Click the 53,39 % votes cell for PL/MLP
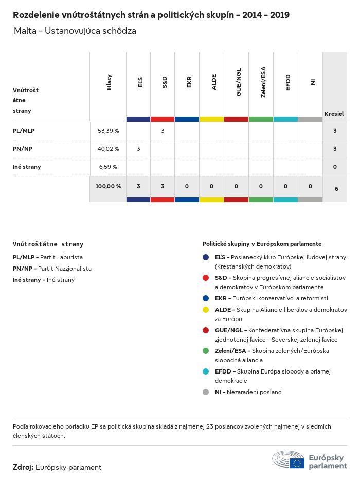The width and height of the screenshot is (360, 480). pos(108,131)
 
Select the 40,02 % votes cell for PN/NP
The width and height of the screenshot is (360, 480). pos(108,149)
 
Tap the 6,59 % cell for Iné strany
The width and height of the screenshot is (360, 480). pos(108,167)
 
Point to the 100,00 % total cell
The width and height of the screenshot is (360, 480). pos(108,186)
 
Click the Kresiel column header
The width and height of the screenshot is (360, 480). pos(334,113)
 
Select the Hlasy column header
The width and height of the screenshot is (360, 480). pos(109,82)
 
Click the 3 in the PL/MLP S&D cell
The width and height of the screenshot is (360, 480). pos(163,131)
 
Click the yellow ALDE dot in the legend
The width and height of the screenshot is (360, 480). pos(206,310)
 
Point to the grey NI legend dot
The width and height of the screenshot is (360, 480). pos(206,392)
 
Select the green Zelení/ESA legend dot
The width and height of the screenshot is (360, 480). pos(206,351)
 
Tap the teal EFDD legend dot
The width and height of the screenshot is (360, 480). pos(206,371)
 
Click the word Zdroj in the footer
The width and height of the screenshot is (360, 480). pos(23,467)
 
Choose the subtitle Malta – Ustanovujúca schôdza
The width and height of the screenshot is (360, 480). pos(75,31)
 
